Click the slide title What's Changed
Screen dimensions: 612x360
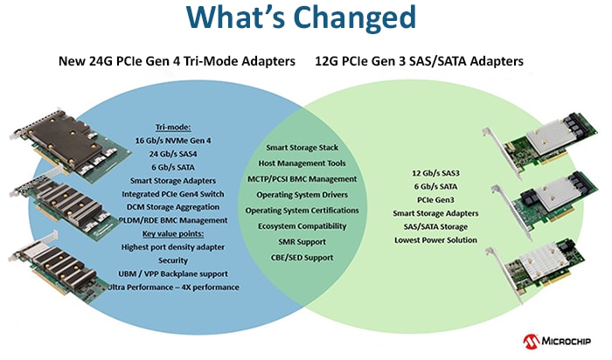coord(301,17)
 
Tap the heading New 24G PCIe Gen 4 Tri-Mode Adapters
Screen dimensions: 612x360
coord(177,61)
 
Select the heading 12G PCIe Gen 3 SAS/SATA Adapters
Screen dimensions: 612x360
coord(419,61)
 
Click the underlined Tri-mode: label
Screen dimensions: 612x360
coord(173,128)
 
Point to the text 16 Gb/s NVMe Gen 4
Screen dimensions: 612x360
coord(173,141)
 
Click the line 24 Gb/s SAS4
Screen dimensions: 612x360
coord(173,154)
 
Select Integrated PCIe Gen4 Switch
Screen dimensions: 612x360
coord(173,194)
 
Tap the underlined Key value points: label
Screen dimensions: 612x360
coord(173,233)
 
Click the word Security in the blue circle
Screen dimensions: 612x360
coord(173,260)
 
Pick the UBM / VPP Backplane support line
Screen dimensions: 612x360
coord(173,273)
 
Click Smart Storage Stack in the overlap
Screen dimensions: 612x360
coord(303,148)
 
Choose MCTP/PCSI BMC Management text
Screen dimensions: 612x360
coord(303,179)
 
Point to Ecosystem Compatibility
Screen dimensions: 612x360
coord(303,226)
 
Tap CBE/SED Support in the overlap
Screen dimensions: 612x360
coord(303,258)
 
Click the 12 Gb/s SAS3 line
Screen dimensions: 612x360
coord(435,173)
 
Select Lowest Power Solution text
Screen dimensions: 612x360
coord(435,240)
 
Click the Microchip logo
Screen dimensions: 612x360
coord(557,342)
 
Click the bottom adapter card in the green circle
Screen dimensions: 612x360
coord(540,273)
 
